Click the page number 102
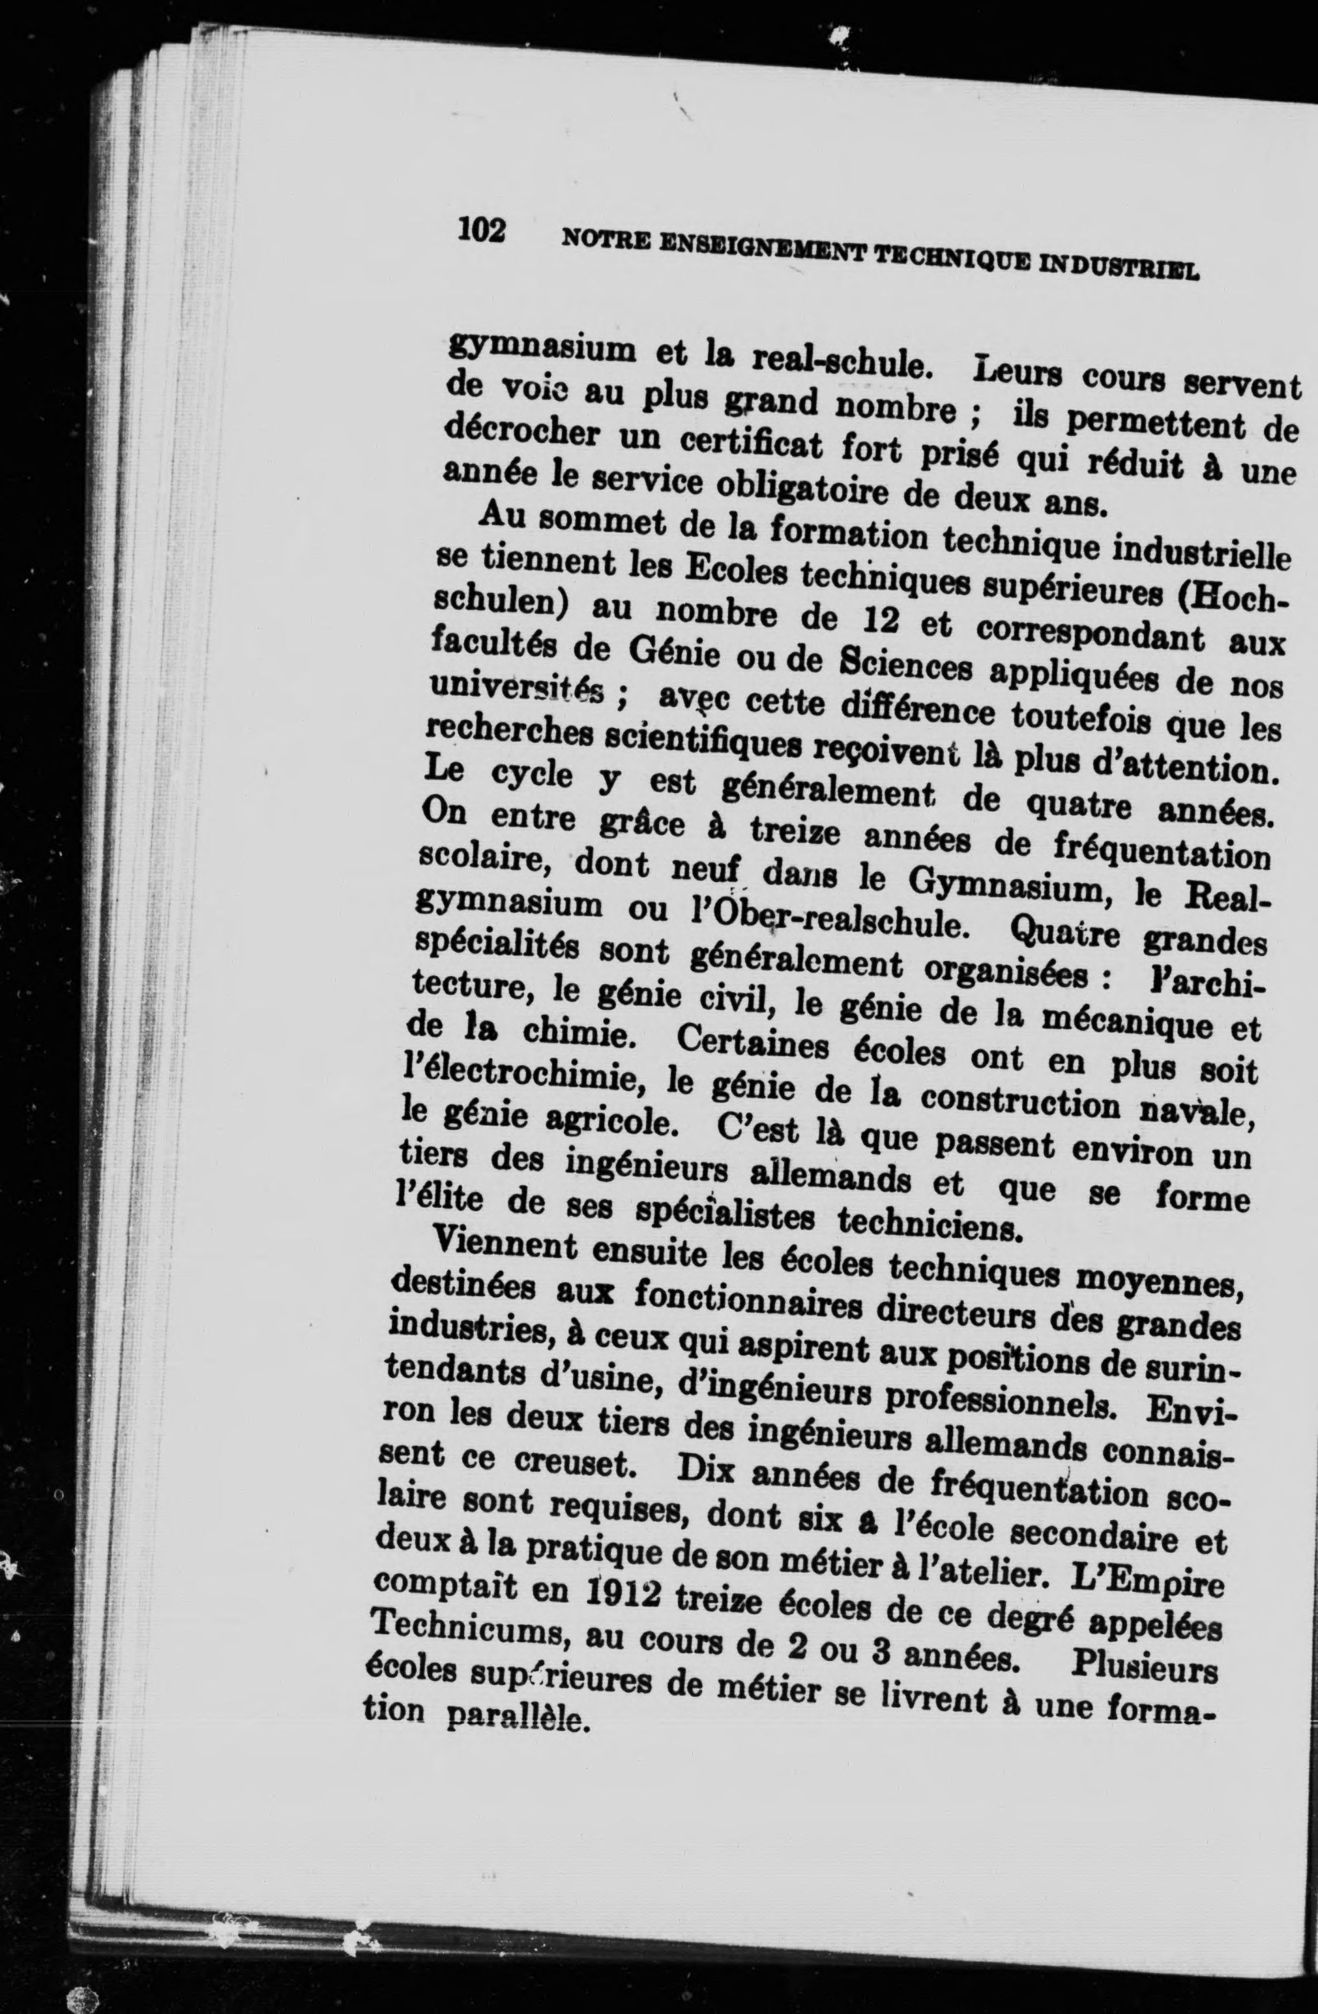pyautogui.click(x=482, y=229)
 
